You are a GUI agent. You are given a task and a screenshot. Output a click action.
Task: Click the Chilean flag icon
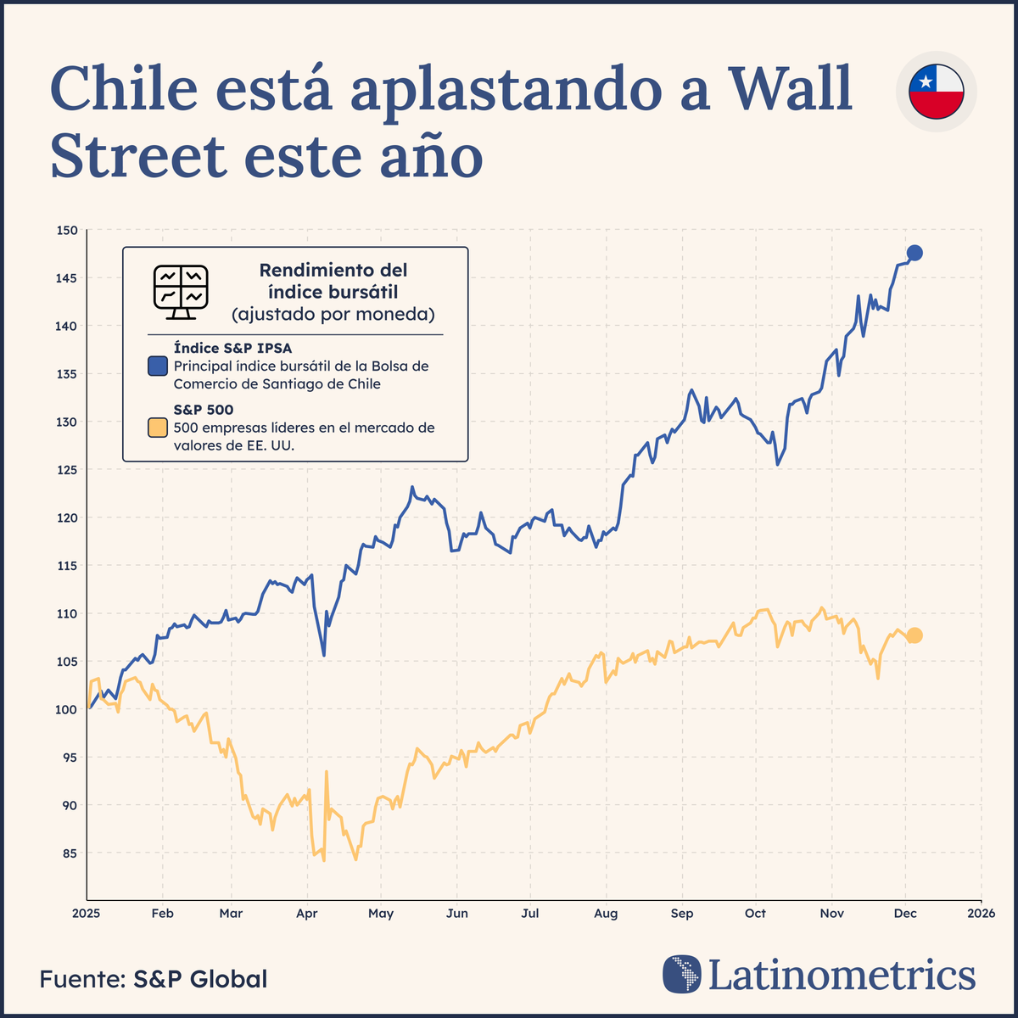[936, 92]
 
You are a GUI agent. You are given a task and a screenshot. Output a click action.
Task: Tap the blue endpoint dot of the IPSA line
[915, 253]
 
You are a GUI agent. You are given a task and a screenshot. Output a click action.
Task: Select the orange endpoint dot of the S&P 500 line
[915, 635]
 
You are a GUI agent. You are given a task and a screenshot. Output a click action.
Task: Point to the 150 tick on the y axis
[68, 231]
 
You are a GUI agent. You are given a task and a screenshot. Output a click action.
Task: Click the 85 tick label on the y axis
[68, 853]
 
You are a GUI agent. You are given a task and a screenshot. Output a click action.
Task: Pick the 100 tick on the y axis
[68, 709]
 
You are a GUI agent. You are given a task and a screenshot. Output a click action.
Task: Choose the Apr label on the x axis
[306, 914]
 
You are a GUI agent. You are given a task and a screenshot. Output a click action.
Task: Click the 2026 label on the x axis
[982, 914]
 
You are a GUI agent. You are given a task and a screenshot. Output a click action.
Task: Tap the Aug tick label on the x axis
[606, 914]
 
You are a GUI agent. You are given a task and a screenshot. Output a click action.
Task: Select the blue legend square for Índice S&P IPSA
[158, 366]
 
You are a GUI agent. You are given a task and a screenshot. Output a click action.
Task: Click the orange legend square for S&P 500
[158, 428]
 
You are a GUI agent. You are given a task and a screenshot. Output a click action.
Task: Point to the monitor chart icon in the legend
[181, 292]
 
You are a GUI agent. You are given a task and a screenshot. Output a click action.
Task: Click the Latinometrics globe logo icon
[682, 975]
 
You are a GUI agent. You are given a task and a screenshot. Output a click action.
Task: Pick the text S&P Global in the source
[200, 979]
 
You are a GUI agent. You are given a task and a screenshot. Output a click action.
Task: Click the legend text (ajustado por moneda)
[333, 315]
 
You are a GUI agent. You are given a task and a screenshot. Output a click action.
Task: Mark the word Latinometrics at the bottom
[842, 975]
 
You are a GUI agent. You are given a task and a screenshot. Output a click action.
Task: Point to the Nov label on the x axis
[831, 914]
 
